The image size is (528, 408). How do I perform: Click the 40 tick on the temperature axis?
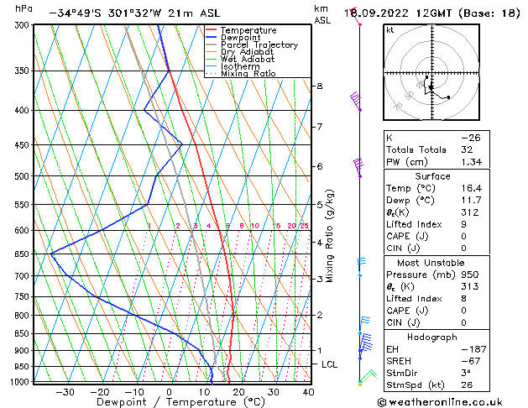tap(308, 392)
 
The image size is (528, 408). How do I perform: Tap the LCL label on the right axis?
tap(330, 364)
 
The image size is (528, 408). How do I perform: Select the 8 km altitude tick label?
tap(320, 86)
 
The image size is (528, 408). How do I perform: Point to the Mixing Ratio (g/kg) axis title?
tap(330, 236)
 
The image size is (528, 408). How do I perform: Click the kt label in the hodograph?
tap(390, 29)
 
